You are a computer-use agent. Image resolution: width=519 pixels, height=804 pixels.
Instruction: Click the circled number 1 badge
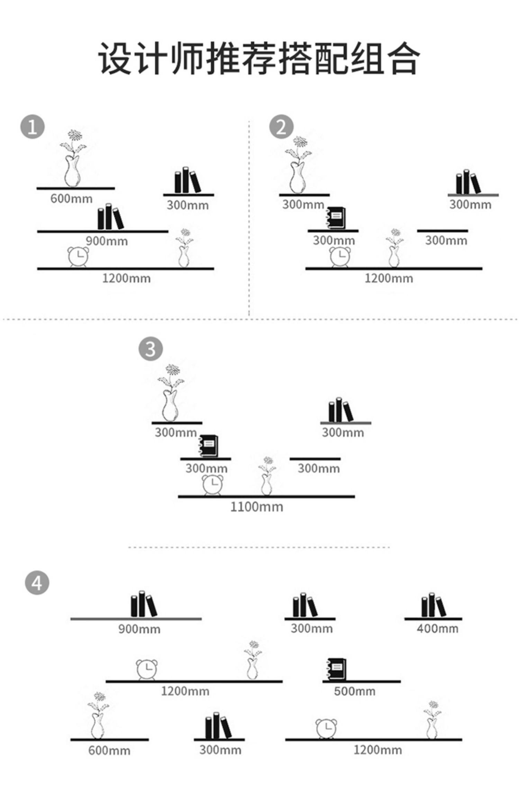click(x=33, y=127)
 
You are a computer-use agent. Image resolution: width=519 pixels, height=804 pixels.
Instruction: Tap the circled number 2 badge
click(x=281, y=127)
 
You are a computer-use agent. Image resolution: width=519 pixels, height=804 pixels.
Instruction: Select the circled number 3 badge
click(x=151, y=349)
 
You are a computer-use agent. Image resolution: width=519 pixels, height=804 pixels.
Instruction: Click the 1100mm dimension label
click(x=257, y=507)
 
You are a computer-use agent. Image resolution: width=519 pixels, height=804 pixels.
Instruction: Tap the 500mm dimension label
click(x=355, y=691)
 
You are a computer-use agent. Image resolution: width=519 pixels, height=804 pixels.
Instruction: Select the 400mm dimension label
click(x=437, y=628)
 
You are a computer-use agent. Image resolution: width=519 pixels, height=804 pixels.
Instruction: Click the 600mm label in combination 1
click(x=71, y=199)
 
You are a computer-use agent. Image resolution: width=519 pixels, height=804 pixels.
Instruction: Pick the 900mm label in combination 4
click(x=139, y=629)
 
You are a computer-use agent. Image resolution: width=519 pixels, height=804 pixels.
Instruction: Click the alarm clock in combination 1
click(x=78, y=257)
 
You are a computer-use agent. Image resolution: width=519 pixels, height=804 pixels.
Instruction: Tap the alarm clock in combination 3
click(x=212, y=485)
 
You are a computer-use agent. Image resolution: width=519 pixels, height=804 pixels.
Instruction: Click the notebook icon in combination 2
click(x=336, y=217)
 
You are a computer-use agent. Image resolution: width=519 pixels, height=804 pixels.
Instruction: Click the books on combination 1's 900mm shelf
click(x=110, y=217)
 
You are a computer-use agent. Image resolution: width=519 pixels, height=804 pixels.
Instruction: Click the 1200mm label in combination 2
click(x=389, y=278)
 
